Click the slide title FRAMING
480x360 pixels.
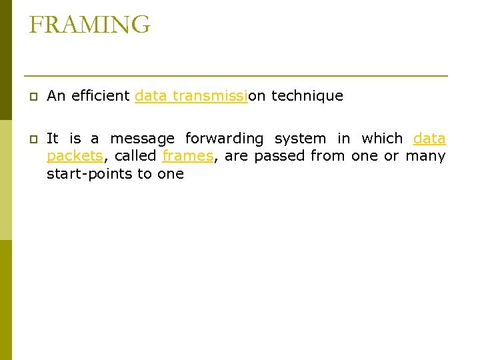pyautogui.click(x=90, y=25)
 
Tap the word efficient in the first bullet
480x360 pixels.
pyautogui.click(x=99, y=96)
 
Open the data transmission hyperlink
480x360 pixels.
pyautogui.click(x=191, y=96)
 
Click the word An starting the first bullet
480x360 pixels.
pyautogui.click(x=56, y=96)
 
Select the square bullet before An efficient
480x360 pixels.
pyautogui.click(x=33, y=97)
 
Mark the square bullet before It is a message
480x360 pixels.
pyautogui.click(x=33, y=139)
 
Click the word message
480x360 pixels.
pyautogui.click(x=142, y=139)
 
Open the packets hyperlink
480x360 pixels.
pyautogui.click(x=75, y=156)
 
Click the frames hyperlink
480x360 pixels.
pyautogui.click(x=187, y=156)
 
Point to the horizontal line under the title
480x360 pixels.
pyautogui.click(x=235, y=75)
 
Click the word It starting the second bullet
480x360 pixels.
pyautogui.click(x=53, y=139)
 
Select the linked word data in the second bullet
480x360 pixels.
pyautogui.click(x=429, y=139)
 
